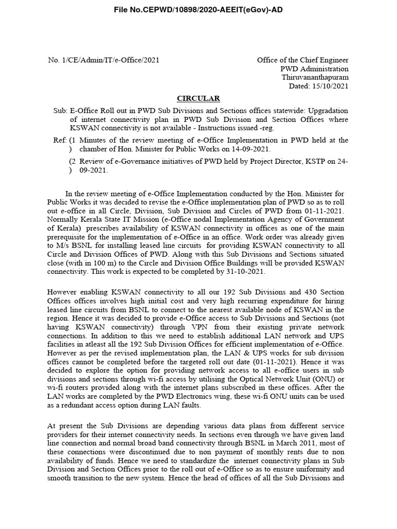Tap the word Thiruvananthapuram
click(x=314, y=77)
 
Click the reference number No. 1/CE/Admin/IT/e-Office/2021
click(x=104, y=60)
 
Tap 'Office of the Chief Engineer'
click(x=302, y=60)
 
